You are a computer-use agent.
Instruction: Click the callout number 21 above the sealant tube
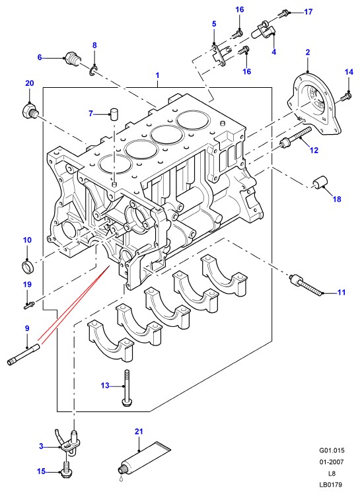(x=139, y=431)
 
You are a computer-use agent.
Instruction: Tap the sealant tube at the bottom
(x=145, y=458)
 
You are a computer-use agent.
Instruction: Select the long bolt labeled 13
(x=127, y=388)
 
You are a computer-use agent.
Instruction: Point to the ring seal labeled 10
(x=28, y=266)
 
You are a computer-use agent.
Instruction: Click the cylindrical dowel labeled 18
(x=320, y=183)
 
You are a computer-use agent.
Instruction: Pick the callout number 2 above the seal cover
(x=308, y=52)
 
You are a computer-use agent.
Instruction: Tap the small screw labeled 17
(x=284, y=13)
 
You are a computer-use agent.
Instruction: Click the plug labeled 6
(x=73, y=59)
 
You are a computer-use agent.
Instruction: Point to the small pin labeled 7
(x=114, y=114)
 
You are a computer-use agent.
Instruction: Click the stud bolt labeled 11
(x=306, y=285)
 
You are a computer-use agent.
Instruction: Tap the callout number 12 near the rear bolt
(x=314, y=151)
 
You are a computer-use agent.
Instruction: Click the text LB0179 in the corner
(x=330, y=485)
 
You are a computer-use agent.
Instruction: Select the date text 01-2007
(x=331, y=462)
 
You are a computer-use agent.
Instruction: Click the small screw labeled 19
(x=29, y=304)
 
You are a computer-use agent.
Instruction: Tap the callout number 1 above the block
(x=157, y=75)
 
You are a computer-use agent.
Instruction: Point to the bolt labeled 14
(x=346, y=96)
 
